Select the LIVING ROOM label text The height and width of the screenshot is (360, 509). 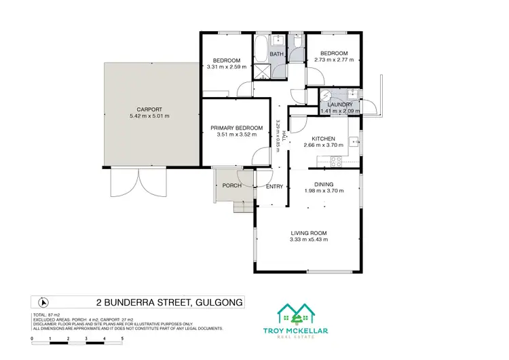(x=309, y=232)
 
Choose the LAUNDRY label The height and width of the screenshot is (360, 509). (x=340, y=104)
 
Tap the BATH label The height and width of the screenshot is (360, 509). (x=276, y=54)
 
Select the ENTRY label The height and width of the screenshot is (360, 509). (x=274, y=187)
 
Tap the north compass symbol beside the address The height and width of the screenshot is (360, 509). (x=45, y=302)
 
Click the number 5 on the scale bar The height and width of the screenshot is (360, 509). (x=122, y=338)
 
